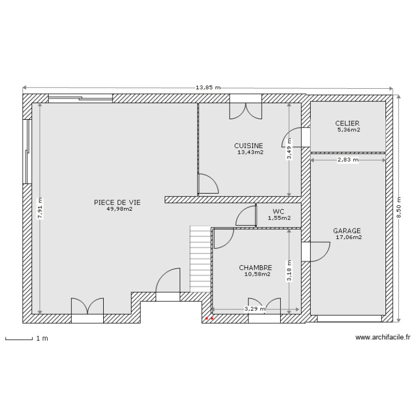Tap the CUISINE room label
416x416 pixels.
pos(248,145)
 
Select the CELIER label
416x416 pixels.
pos(347,123)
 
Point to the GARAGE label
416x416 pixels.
pos(347,231)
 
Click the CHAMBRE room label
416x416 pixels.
pos(255,267)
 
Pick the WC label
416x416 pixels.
pos(278,211)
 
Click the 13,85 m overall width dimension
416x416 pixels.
pos(208,88)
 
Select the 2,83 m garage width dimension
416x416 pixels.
pos(348,160)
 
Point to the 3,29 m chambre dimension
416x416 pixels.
pos(255,310)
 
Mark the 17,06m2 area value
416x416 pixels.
pos(348,237)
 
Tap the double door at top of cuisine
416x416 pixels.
pos(246,110)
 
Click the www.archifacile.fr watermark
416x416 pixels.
pos(382,337)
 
